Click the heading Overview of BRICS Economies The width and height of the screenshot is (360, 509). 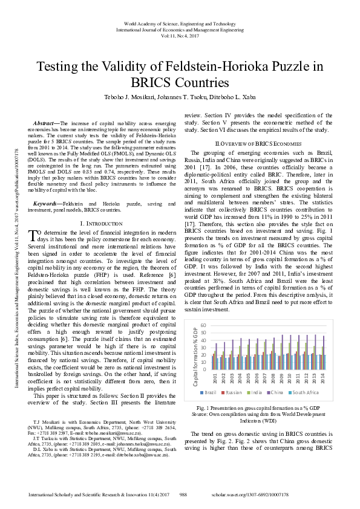(258, 143)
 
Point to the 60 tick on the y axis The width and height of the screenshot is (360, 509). (203, 326)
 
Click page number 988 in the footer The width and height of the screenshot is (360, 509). (184, 494)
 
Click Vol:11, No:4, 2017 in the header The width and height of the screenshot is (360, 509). (180, 36)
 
